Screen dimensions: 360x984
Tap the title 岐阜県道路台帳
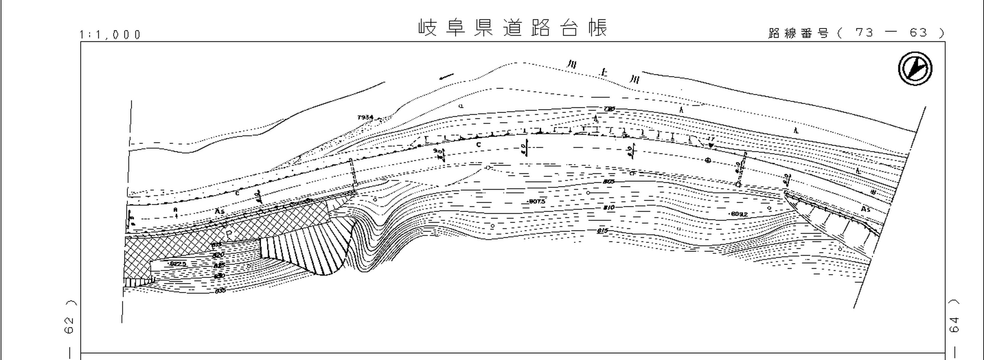click(513, 27)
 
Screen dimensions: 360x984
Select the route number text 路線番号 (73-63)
click(856, 33)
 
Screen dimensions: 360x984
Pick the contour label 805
click(609, 182)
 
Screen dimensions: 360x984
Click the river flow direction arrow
click(446, 77)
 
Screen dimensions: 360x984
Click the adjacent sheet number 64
click(954, 325)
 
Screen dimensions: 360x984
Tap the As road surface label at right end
click(866, 209)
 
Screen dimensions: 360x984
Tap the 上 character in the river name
click(604, 72)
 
